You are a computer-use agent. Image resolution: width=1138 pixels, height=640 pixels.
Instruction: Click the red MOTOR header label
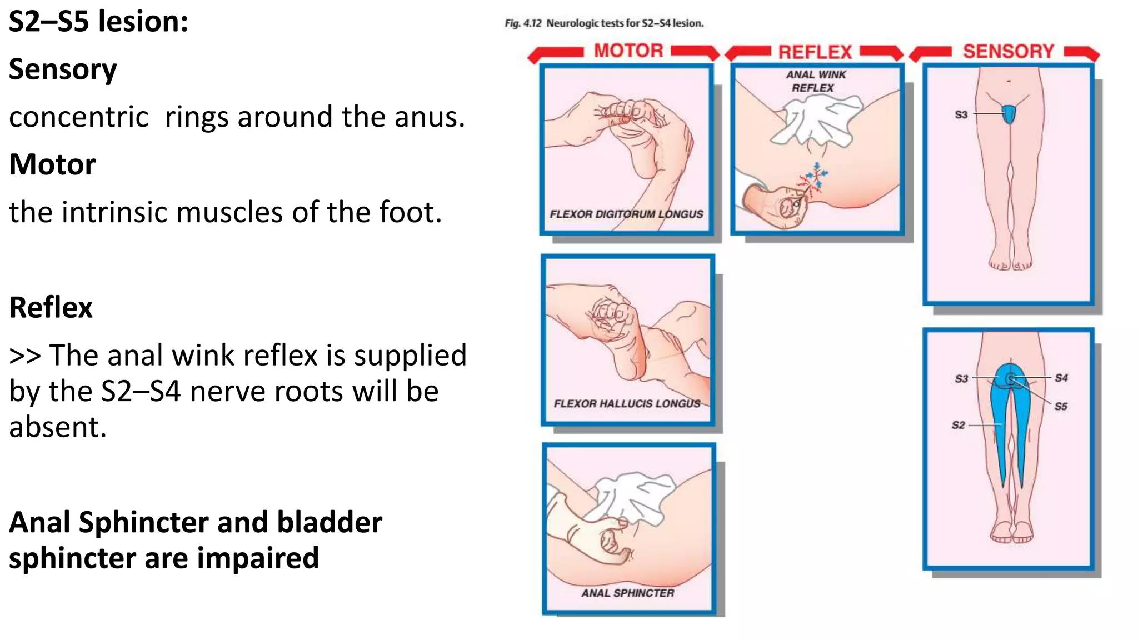point(628,51)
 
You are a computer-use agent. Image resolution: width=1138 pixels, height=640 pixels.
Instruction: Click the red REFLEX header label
point(815,52)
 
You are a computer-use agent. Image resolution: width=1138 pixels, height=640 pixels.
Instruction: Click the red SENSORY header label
point(1008,51)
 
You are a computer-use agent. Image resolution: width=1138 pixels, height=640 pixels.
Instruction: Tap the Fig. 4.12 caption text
point(604,23)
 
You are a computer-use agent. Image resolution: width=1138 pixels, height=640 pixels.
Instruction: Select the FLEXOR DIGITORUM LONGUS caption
point(626,214)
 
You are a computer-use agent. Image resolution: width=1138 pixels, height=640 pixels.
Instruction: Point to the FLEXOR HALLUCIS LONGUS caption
point(627,403)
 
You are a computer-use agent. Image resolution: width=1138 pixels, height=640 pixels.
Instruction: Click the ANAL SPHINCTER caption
point(627,593)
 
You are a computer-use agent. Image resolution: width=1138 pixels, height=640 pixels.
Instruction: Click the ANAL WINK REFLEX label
point(815,81)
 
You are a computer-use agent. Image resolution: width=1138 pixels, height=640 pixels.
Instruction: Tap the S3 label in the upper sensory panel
point(961,114)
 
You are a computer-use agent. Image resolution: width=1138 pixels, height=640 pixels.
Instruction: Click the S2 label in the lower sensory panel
point(958,425)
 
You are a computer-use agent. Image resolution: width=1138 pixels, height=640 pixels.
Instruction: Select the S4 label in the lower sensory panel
point(1061,378)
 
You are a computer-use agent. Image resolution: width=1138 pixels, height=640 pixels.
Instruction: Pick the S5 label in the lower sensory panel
point(1061,406)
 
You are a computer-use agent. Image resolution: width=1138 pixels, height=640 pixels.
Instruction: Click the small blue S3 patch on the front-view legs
point(1009,114)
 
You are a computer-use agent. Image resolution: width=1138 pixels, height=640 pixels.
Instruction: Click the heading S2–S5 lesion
point(98,22)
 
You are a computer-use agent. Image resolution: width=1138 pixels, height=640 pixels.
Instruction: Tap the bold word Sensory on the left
point(63,69)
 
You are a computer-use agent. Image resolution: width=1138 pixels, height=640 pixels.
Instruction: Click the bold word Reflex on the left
point(51,307)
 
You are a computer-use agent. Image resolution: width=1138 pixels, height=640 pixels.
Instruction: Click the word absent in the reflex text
point(57,427)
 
